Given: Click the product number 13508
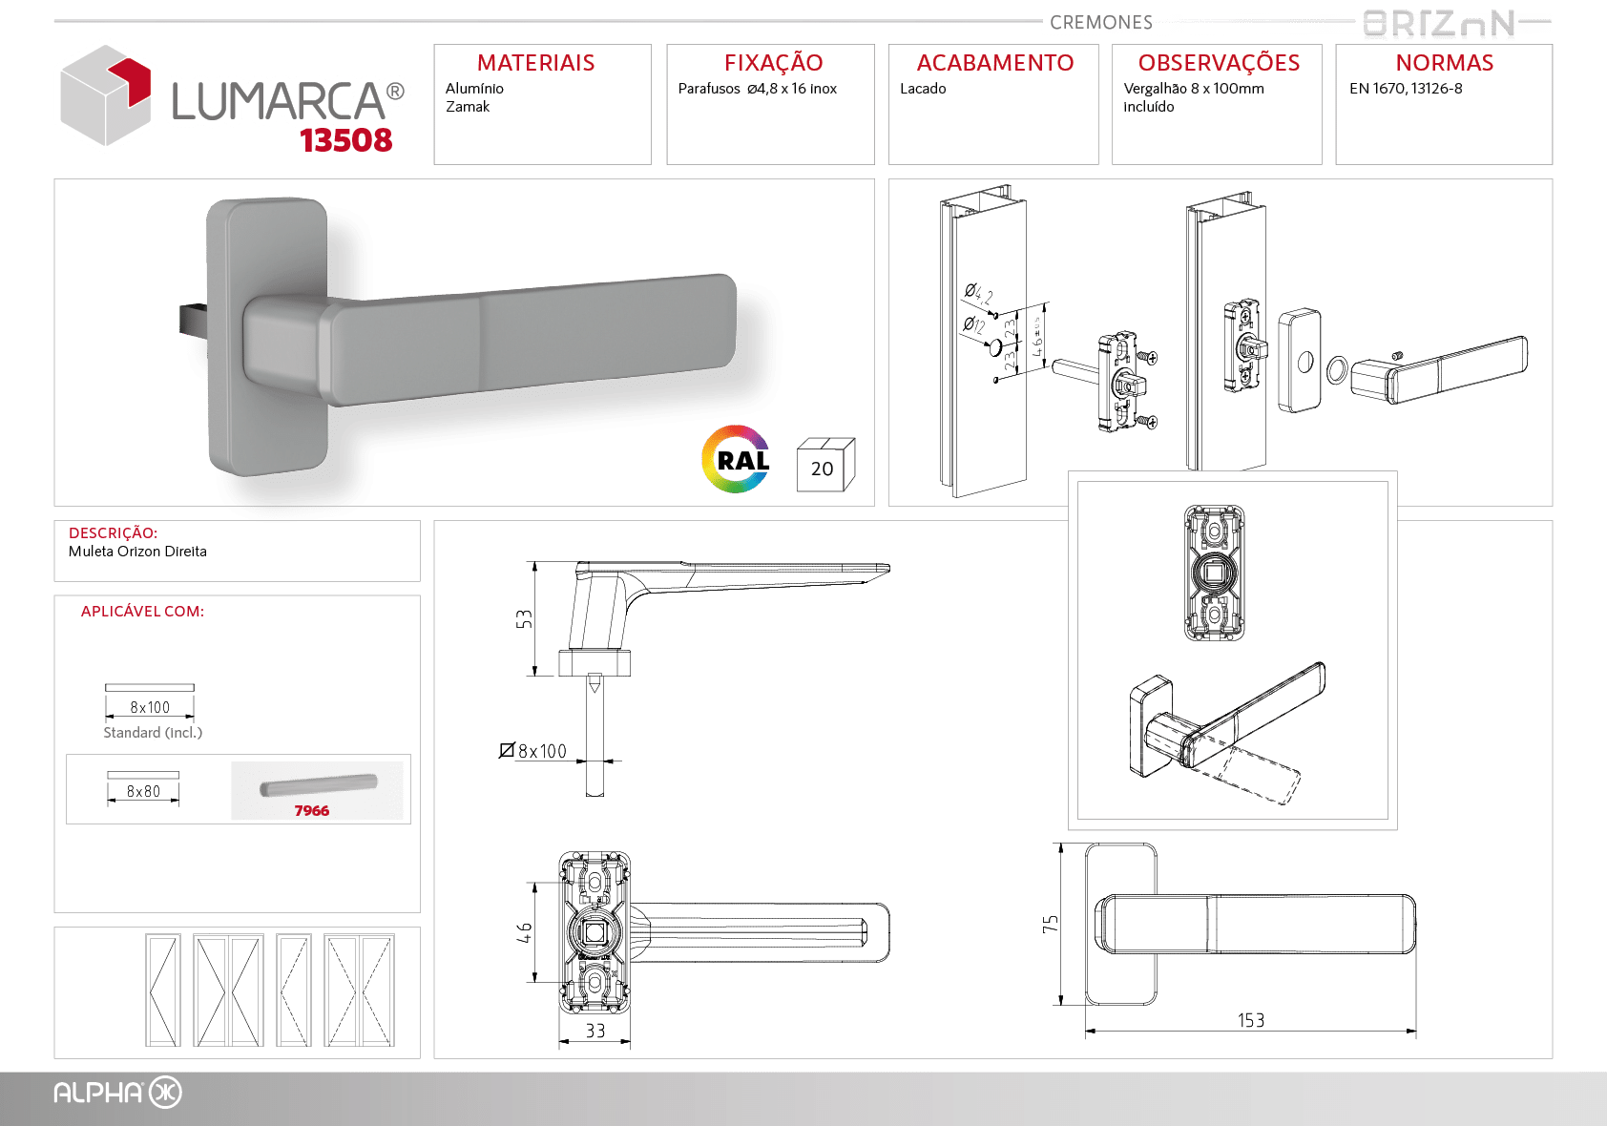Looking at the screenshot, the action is point(345,140).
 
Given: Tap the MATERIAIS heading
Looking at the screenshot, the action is point(536,63).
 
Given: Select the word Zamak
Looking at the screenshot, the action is point(468,107).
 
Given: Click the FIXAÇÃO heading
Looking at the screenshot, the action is point(773,62).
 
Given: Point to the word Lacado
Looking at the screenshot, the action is point(924,89).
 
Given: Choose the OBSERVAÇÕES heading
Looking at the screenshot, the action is point(1219,62).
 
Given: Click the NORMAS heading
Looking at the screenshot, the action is point(1444,63).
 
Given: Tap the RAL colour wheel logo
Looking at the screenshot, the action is point(737,459).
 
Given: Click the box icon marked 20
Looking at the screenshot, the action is point(825,464).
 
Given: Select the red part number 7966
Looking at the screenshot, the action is point(311,811).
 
